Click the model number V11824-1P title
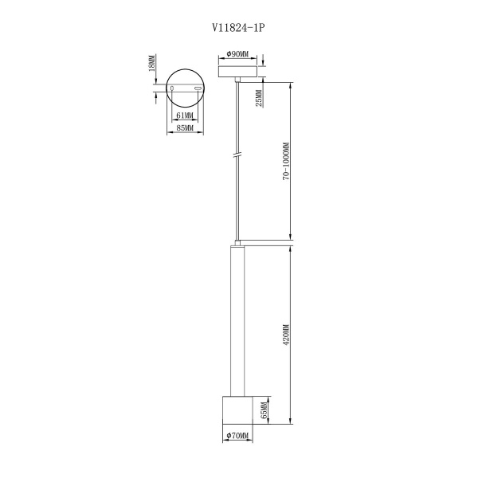(x=238, y=28)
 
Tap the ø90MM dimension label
(x=237, y=54)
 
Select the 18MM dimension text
(x=152, y=63)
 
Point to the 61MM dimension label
(x=185, y=116)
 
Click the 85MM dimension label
(x=185, y=128)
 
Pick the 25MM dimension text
(x=259, y=98)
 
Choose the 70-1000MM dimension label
(x=286, y=161)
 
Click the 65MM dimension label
(x=264, y=409)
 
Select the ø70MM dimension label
(x=237, y=436)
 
